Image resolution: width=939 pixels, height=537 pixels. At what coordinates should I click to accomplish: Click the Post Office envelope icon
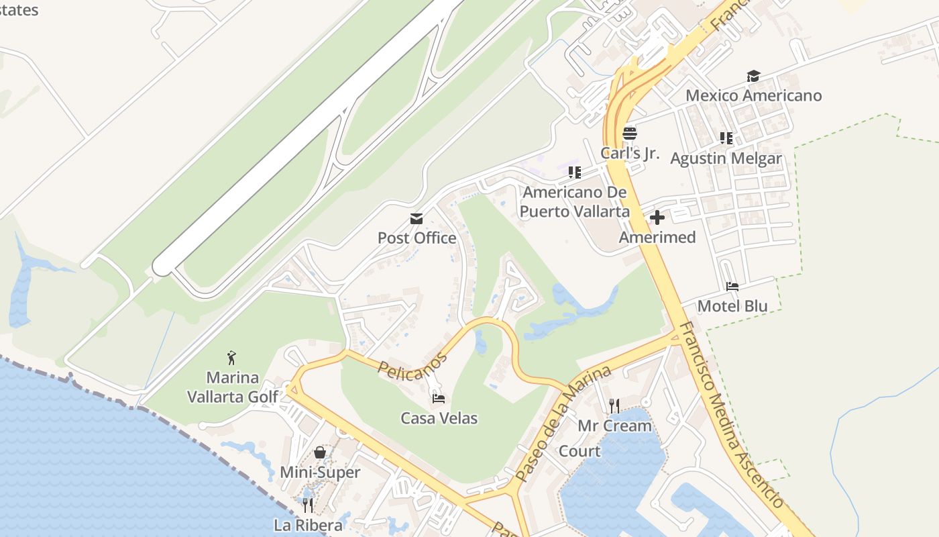pyautogui.click(x=417, y=219)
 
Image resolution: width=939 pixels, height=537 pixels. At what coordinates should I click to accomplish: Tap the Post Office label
pyautogui.click(x=417, y=238)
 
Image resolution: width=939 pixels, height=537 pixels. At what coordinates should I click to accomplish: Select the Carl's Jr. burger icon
pyautogui.click(x=629, y=133)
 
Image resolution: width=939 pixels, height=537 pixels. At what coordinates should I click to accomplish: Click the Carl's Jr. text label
pyautogui.click(x=630, y=153)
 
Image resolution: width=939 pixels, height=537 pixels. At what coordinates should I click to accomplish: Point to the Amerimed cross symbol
pyautogui.click(x=657, y=217)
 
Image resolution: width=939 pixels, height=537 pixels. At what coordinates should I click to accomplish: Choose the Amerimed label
pyautogui.click(x=657, y=237)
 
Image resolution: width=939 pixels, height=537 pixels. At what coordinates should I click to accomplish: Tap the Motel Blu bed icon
pyautogui.click(x=732, y=287)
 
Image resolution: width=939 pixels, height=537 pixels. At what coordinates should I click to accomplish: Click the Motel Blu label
pyautogui.click(x=732, y=306)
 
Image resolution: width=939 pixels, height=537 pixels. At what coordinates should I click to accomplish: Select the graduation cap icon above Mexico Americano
pyautogui.click(x=753, y=76)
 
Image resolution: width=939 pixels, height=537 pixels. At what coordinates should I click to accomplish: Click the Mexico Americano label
pyautogui.click(x=753, y=95)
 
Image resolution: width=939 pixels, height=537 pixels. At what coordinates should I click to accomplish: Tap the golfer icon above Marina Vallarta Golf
pyautogui.click(x=232, y=358)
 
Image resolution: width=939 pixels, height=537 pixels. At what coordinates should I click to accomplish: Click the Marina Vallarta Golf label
pyautogui.click(x=232, y=387)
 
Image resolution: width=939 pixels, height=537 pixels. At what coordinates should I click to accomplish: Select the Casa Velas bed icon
pyautogui.click(x=439, y=399)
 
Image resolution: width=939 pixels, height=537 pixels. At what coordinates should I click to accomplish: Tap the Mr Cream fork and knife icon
pyautogui.click(x=614, y=405)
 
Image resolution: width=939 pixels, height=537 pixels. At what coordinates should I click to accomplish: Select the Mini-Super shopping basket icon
pyautogui.click(x=320, y=452)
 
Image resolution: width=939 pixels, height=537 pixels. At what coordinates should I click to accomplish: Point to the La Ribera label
pyautogui.click(x=309, y=525)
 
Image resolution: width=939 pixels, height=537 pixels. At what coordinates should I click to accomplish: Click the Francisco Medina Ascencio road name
pyautogui.click(x=731, y=415)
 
